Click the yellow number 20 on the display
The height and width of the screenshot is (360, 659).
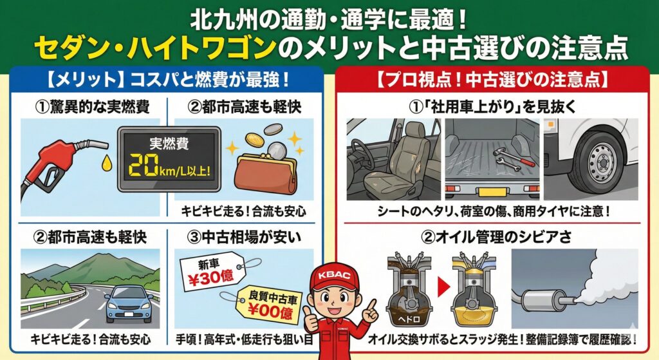point(144,166)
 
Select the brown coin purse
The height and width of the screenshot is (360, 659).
point(266,175)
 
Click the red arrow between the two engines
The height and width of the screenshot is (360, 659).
point(444,287)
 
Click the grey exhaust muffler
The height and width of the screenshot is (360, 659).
point(542,300)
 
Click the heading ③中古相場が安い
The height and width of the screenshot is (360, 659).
point(244,238)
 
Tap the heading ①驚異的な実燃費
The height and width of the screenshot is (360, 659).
point(92,107)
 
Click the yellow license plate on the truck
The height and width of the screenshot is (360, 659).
point(492,193)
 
